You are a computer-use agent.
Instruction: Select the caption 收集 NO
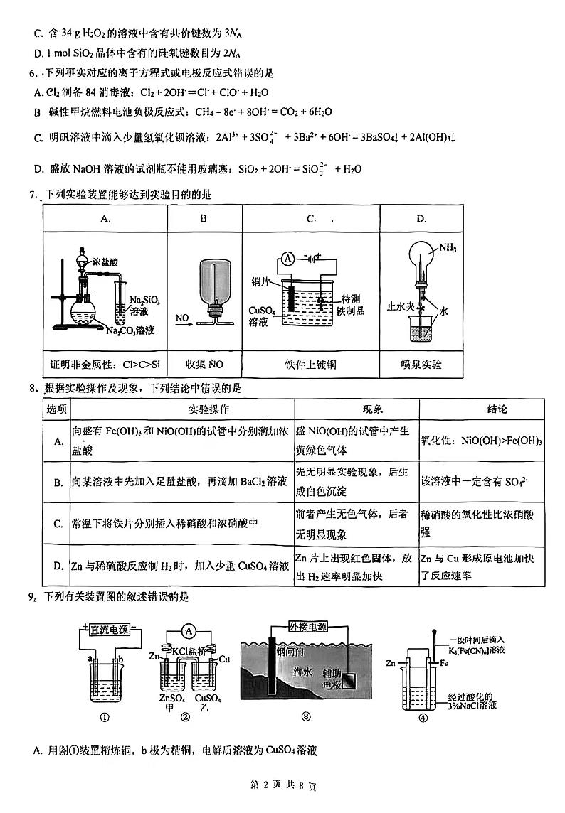coord(204,365)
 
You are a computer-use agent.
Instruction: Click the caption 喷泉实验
coord(421,365)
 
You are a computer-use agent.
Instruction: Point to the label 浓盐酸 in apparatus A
coord(107,262)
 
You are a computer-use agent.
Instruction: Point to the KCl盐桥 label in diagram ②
coord(186,650)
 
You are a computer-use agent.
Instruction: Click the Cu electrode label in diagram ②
coord(225,659)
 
